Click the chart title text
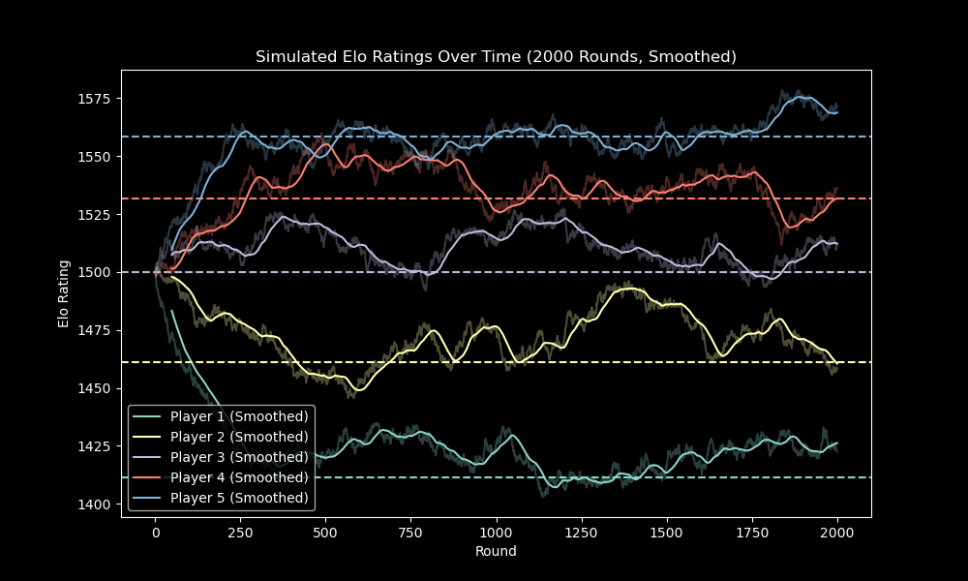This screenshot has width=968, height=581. (496, 57)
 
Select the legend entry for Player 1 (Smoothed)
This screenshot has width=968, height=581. (239, 416)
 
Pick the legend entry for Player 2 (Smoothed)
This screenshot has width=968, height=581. (239, 437)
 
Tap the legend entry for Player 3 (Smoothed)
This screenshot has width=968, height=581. (239, 457)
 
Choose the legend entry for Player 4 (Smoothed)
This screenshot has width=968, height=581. (239, 477)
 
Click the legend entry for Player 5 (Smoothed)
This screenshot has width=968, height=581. (239, 498)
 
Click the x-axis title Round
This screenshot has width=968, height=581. (496, 551)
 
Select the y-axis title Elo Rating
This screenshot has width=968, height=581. (64, 293)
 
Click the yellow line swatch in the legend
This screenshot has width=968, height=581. (148, 437)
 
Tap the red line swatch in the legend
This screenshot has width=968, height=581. (148, 477)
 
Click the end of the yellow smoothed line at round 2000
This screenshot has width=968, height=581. (837, 364)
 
